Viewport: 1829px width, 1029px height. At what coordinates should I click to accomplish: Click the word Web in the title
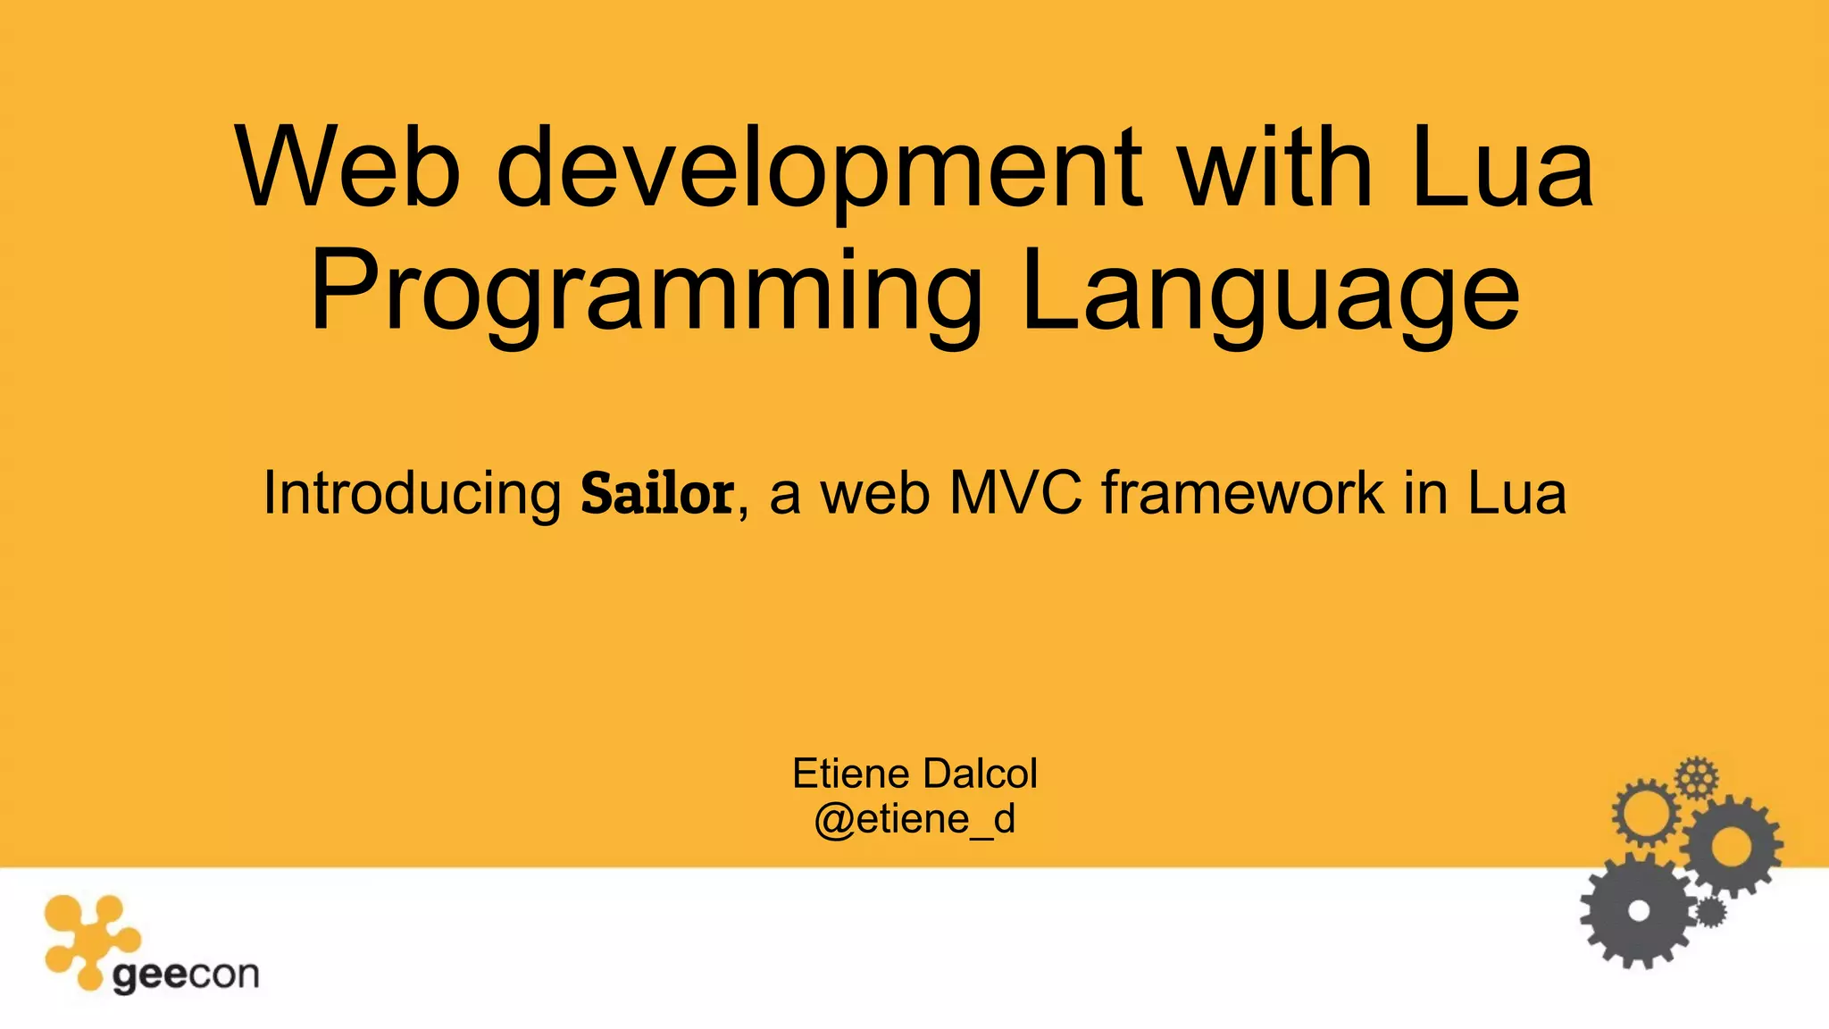[348, 168]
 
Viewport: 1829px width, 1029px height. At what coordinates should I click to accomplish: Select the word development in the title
[817, 168]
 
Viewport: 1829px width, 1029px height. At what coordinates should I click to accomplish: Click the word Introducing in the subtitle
[412, 493]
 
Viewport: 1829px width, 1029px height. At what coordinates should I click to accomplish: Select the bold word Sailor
[657, 493]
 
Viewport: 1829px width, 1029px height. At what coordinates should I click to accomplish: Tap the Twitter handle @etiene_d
[914, 818]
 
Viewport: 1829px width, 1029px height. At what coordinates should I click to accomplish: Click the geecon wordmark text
[186, 975]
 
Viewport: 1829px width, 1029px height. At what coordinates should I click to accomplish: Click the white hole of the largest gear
[1638, 911]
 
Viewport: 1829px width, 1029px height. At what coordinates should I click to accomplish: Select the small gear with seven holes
[1696, 777]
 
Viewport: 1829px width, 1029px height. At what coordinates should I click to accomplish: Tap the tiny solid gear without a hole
[1709, 912]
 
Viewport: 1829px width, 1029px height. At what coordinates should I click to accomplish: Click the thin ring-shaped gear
[1645, 812]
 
